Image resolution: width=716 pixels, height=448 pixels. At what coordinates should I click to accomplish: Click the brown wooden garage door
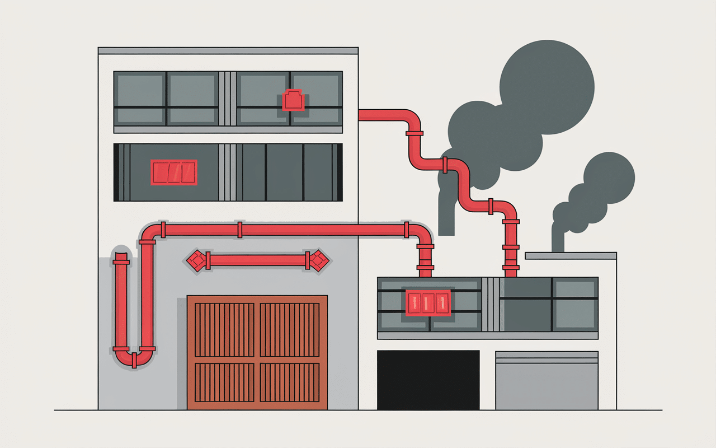point(257,352)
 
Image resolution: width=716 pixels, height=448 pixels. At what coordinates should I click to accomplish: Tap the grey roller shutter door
point(547,384)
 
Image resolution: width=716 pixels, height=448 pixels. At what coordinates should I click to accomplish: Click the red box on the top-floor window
point(293,101)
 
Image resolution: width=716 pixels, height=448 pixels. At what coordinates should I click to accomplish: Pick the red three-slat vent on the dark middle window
point(174,172)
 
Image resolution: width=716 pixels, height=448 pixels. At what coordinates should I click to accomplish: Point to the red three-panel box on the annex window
point(428,302)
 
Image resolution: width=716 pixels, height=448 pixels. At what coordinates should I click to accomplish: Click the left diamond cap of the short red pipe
point(196,260)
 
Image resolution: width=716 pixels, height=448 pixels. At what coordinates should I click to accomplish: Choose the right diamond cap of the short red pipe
point(319,260)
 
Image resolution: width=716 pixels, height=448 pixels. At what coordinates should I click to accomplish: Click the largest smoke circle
point(547,87)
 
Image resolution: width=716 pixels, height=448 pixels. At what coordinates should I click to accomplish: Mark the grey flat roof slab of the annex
point(571,256)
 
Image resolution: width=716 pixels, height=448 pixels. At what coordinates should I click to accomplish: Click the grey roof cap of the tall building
point(228,50)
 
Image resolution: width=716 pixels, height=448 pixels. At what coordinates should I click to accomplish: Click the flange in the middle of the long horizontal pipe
point(240,230)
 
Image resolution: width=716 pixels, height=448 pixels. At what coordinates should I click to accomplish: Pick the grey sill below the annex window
point(488,335)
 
